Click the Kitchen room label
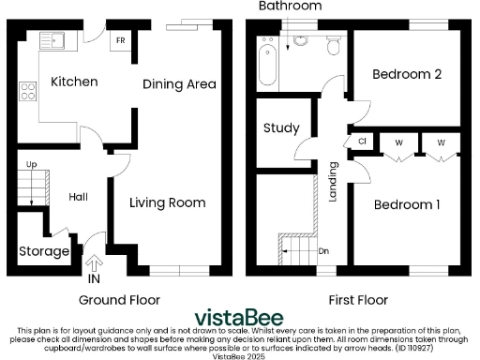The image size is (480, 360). (x=74, y=82)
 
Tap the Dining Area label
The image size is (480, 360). (x=179, y=84)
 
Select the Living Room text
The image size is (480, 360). (x=167, y=202)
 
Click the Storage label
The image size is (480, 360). (x=44, y=252)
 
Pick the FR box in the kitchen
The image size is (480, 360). (x=120, y=41)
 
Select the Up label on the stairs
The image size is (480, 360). (x=31, y=165)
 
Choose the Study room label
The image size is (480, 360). (x=280, y=127)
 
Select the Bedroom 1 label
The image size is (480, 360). (x=407, y=203)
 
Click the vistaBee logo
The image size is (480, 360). (x=240, y=317)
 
